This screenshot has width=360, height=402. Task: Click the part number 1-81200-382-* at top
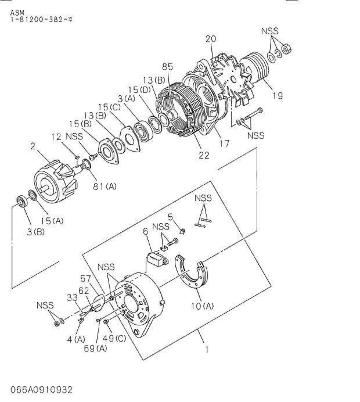41,19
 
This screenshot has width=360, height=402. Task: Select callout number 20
210,38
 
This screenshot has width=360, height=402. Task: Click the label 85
168,66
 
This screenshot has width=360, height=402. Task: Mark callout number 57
85,278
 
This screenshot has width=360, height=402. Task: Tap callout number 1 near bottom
206,350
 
